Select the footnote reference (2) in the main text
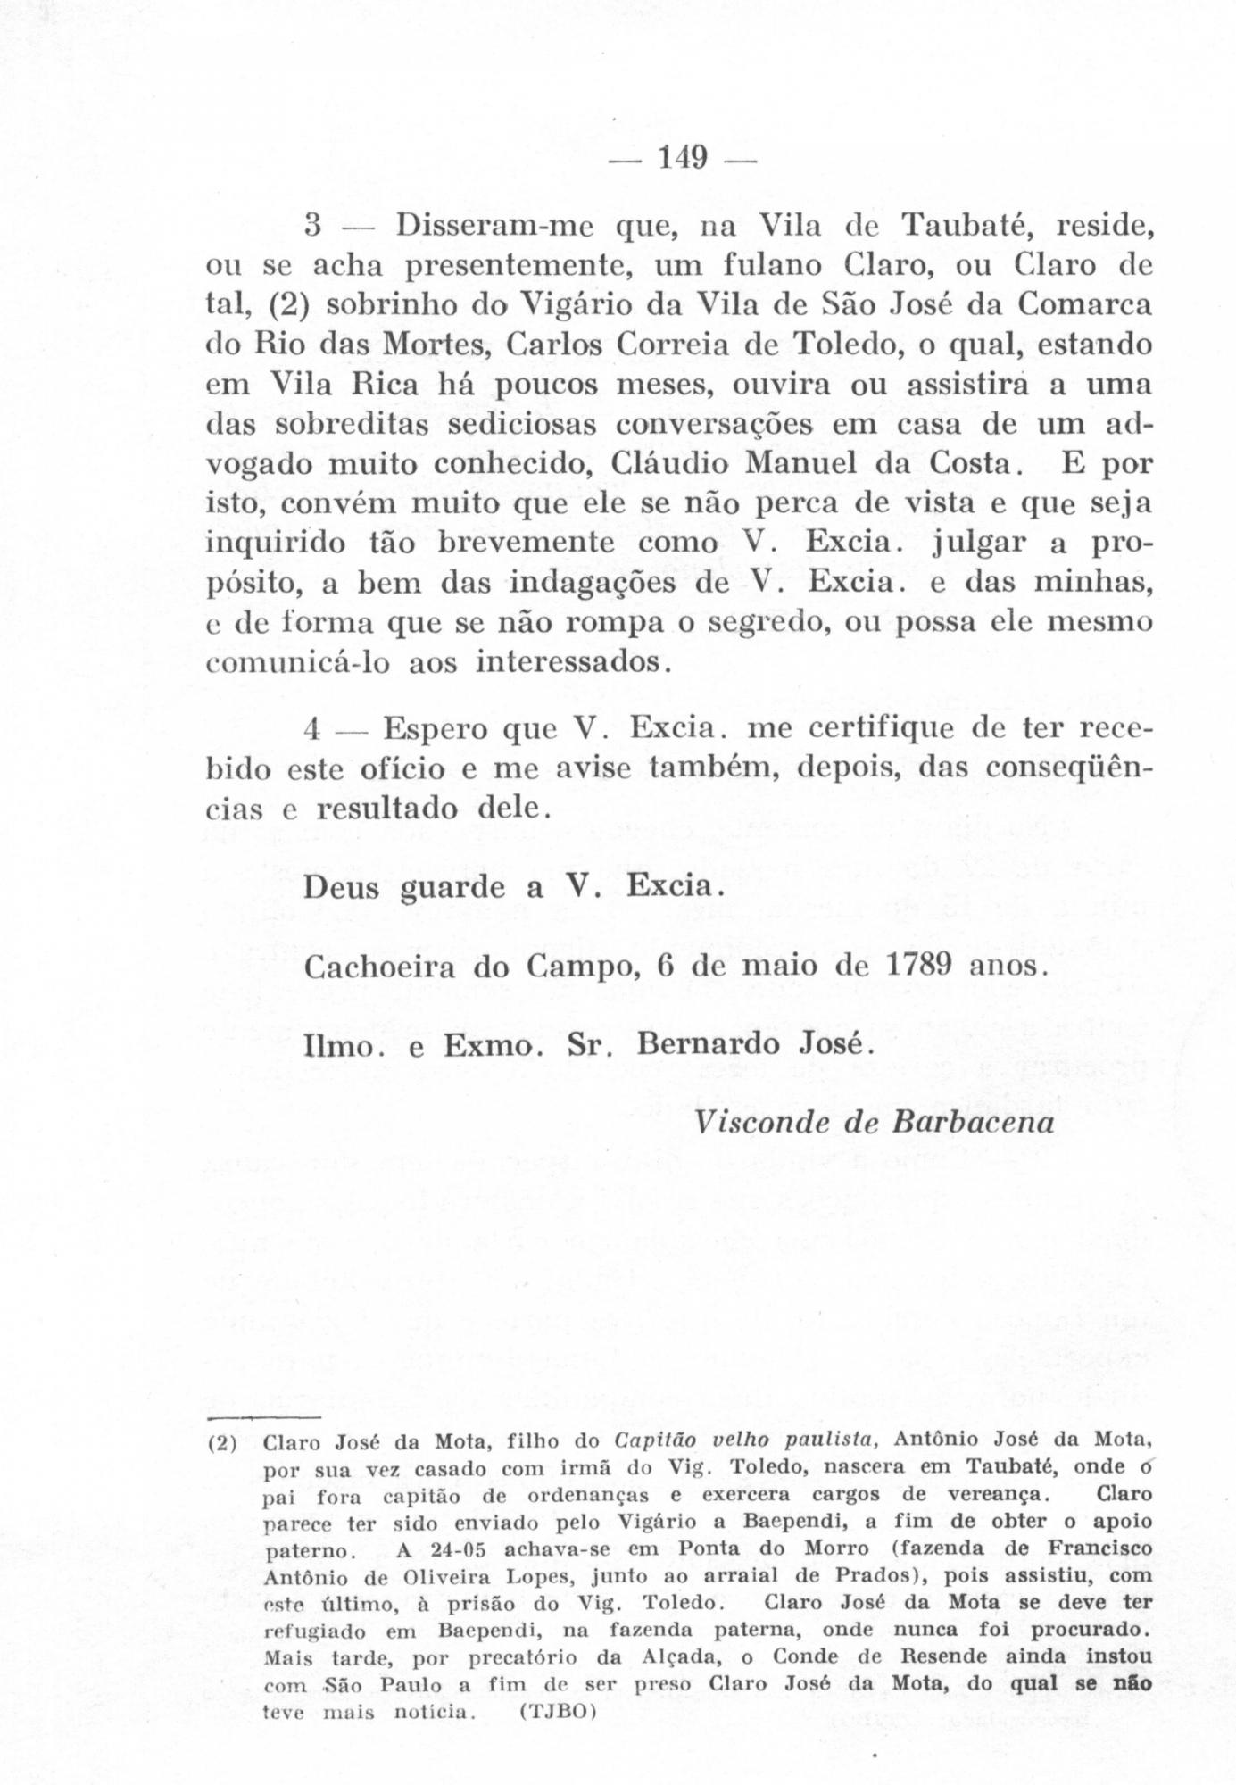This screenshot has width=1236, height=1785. point(288,304)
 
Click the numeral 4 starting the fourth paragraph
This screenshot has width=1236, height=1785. point(311,729)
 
